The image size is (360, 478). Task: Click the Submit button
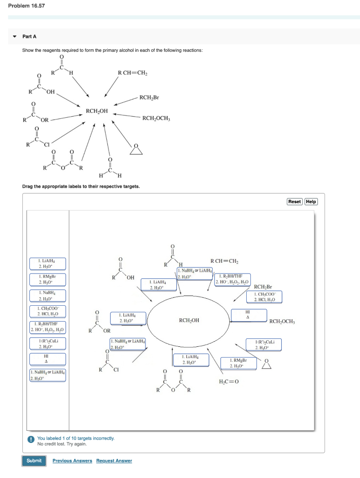click(x=34, y=460)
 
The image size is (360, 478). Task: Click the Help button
click(x=311, y=202)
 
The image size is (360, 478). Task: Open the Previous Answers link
click(x=72, y=461)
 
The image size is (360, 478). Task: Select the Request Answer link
click(x=114, y=461)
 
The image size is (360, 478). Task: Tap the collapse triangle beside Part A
click(x=14, y=36)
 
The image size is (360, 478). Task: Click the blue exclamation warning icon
click(x=31, y=439)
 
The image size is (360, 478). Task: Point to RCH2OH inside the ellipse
click(x=189, y=320)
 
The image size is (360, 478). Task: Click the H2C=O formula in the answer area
click(x=228, y=381)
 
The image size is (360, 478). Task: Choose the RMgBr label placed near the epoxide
click(x=238, y=363)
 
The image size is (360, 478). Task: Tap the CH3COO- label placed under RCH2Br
click(x=264, y=296)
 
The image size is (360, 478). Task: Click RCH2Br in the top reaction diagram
click(x=149, y=98)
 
